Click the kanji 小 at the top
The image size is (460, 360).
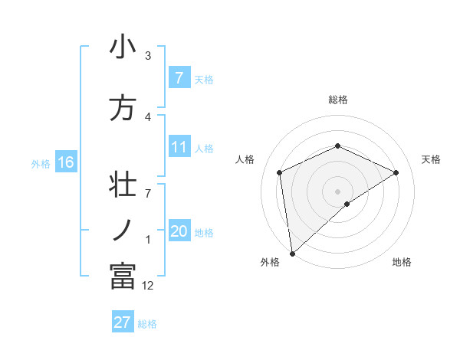point(123,47)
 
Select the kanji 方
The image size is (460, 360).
point(123,108)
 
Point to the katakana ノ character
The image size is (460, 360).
point(123,228)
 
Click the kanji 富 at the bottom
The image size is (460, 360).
point(123,277)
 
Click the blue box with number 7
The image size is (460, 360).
point(179,77)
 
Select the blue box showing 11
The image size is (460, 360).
point(179,147)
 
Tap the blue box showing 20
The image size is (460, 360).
point(179,231)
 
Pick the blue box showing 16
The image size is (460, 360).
point(66,162)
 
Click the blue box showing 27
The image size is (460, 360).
point(122,322)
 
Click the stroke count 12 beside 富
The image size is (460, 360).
point(148,286)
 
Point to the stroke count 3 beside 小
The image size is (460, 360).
point(148,56)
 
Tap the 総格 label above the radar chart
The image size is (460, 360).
point(337,100)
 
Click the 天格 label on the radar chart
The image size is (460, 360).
point(432,159)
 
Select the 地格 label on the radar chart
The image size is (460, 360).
point(402,262)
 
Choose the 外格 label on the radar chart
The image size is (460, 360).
point(270,262)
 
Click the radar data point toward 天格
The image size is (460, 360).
point(396,172)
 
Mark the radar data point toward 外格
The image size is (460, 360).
point(292,253)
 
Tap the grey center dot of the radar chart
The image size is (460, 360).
point(337,191)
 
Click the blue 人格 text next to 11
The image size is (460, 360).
point(204,149)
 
